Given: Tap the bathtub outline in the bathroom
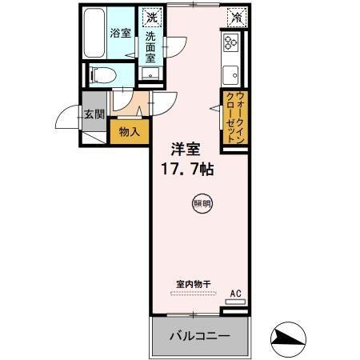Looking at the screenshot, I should click(95, 33).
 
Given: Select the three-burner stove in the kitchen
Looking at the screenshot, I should click(232, 44).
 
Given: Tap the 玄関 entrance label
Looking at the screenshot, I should click(94, 114).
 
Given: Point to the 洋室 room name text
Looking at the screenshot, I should click(186, 149).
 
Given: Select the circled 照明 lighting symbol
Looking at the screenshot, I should click(202, 203).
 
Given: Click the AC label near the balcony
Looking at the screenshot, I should click(235, 294).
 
